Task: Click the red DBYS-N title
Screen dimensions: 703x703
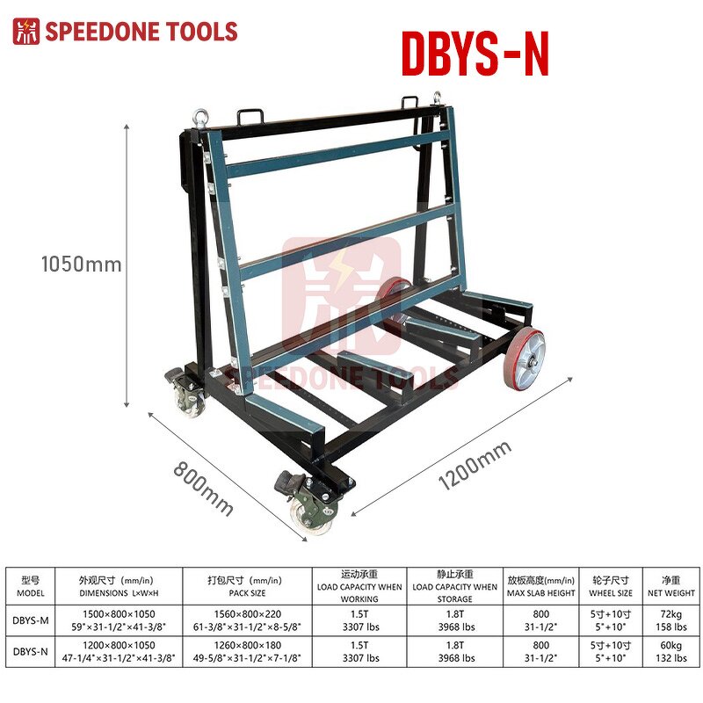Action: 475,54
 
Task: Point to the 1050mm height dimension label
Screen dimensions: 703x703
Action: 81,263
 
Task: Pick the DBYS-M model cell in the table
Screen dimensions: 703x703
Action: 31,621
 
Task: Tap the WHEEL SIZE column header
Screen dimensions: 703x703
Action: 611,586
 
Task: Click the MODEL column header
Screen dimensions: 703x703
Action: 31,586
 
